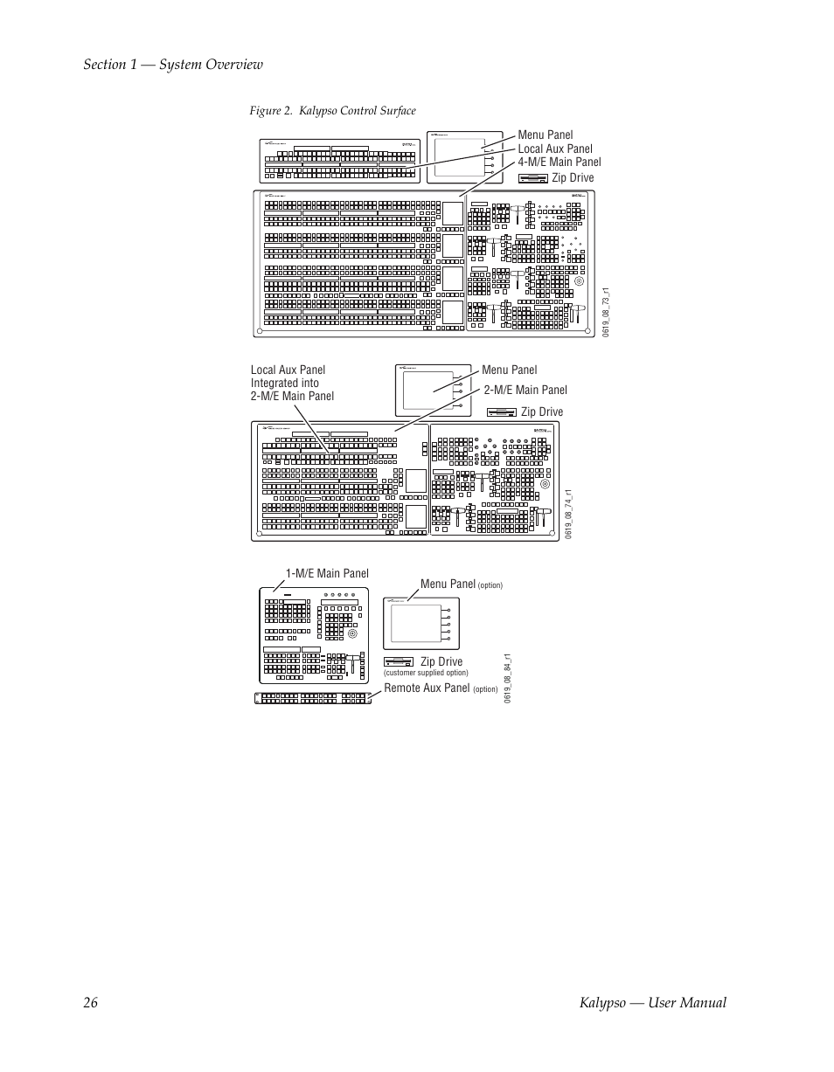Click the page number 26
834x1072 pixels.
tap(91, 1002)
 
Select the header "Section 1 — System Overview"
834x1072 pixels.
tap(173, 64)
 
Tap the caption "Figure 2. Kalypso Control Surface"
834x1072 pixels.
tap(332, 110)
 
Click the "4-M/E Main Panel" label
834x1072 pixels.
tap(559, 162)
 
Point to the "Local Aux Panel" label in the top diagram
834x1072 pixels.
tap(555, 149)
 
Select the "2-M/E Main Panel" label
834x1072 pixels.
tap(525, 390)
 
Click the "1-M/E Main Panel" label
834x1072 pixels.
tap(327, 573)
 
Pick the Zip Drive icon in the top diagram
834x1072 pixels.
tap(532, 178)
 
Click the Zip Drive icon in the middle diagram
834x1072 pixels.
tap(501, 412)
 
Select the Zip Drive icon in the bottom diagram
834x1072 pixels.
tap(399, 661)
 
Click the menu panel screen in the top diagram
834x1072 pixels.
tap(459, 157)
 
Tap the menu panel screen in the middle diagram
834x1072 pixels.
tap(428, 391)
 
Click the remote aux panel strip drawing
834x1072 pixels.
tap(312, 697)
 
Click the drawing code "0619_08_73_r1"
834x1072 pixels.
tap(605, 313)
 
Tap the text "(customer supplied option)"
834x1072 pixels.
tap(426, 673)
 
